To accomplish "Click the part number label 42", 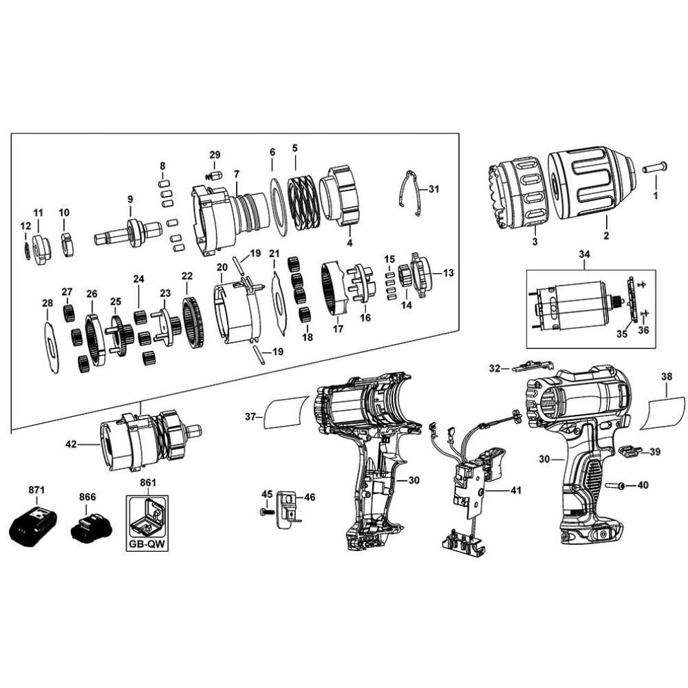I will tap(70, 444).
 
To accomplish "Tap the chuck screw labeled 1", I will tap(654, 168).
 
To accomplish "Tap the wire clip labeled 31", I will tap(411, 192).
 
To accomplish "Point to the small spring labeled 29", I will tap(214, 175).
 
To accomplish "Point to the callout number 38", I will tap(667, 376).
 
